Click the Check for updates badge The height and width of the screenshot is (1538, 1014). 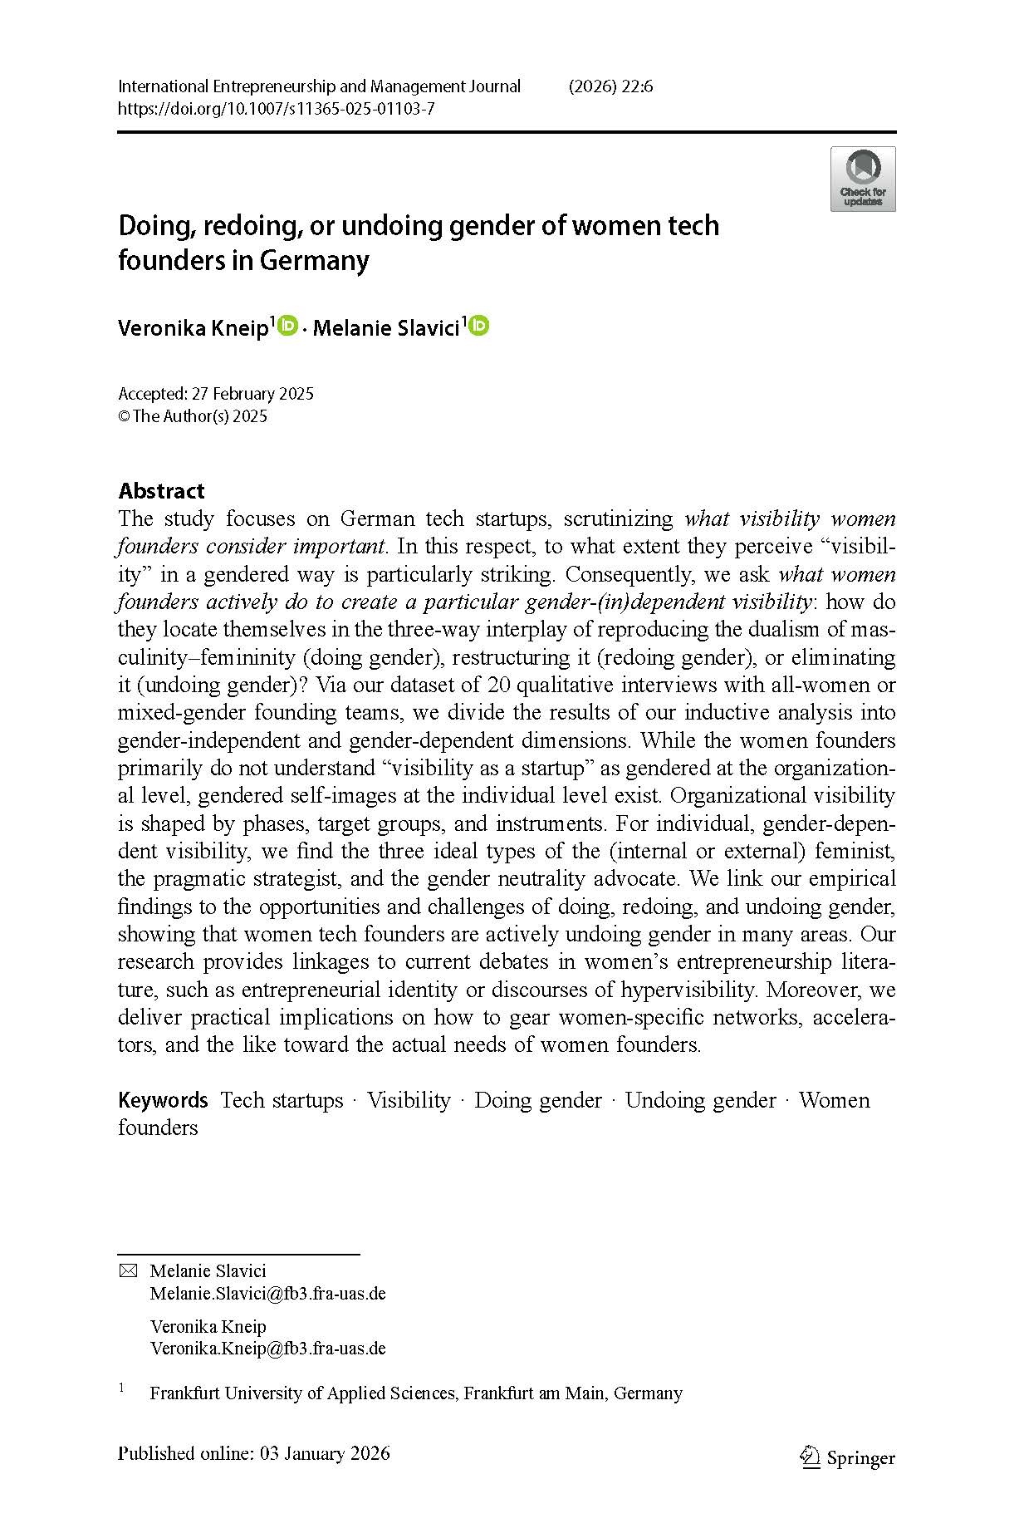coord(863,179)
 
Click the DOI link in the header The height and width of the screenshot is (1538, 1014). coord(276,109)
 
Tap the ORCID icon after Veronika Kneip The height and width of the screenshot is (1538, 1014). coord(287,327)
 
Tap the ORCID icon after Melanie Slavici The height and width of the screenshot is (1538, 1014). coord(479,327)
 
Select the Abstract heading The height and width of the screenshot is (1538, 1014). coord(161,490)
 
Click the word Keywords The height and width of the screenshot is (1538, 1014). coord(163,1100)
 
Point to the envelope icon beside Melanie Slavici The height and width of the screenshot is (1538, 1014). coord(128,1270)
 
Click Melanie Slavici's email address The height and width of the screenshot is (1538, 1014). coord(267,1293)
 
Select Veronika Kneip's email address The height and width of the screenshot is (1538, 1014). coord(267,1349)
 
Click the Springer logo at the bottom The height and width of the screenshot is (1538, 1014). coord(847,1458)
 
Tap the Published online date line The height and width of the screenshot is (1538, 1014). coord(253,1453)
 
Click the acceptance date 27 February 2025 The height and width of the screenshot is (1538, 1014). coord(252,394)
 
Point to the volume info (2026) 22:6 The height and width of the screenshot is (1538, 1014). coord(610,86)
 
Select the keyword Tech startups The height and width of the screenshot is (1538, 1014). coord(282,1100)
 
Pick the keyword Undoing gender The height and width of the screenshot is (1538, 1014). coord(700,1100)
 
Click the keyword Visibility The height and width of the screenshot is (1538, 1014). coord(409,1100)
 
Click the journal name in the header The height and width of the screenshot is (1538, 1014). coord(319,86)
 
